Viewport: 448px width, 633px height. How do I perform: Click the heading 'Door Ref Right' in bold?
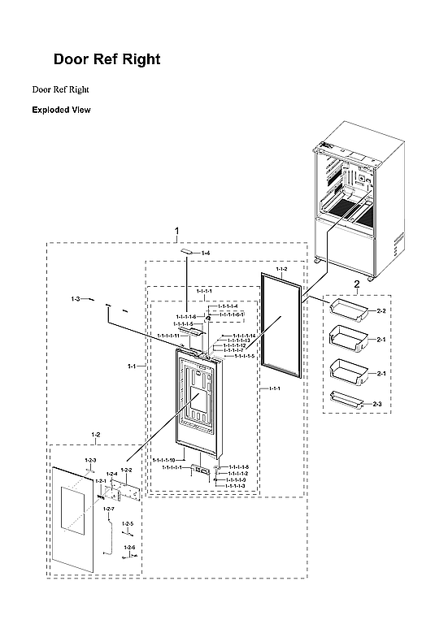click(107, 59)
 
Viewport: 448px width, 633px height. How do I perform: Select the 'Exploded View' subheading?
click(61, 110)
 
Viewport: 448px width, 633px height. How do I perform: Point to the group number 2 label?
click(356, 284)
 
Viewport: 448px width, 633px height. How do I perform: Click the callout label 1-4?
click(206, 254)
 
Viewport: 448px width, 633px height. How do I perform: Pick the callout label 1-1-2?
click(281, 268)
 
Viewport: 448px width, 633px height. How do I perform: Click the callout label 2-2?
click(381, 310)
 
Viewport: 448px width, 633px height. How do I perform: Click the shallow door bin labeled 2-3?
click(346, 397)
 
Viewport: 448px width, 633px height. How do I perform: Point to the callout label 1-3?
click(75, 301)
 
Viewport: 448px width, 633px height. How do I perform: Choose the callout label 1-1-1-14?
click(244, 336)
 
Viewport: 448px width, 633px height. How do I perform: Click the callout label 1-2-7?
click(108, 509)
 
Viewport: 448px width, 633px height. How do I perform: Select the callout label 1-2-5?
click(128, 524)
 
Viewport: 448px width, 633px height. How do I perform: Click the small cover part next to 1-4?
click(189, 252)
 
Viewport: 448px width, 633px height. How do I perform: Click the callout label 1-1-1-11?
click(165, 336)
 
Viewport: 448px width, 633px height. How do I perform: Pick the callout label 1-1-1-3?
click(237, 486)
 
